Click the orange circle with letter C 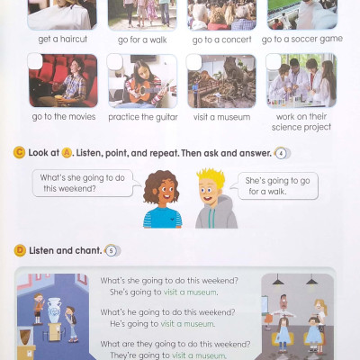[19, 153]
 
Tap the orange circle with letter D [20, 250]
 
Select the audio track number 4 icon [282, 153]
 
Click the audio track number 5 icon [112, 250]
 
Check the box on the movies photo [35, 61]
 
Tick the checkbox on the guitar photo [115, 62]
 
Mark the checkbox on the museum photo [193, 62]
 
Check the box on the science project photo [274, 61]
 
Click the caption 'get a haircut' [62, 40]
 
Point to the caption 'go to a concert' [222, 40]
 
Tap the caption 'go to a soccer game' [302, 40]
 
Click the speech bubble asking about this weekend [85, 183]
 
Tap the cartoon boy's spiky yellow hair [211, 177]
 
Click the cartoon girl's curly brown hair [160, 186]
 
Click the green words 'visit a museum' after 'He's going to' [187, 324]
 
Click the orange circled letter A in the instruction [67, 153]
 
